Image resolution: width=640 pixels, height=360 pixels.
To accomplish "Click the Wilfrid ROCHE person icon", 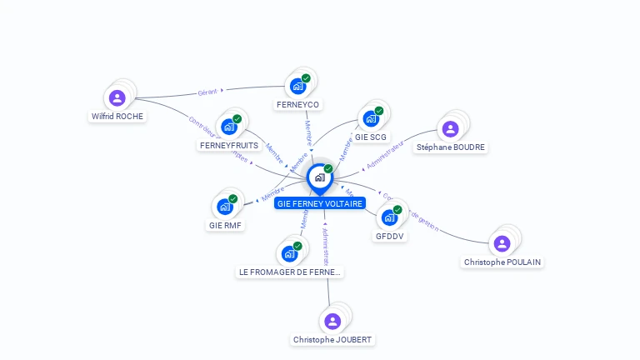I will pyautogui.click(x=117, y=98).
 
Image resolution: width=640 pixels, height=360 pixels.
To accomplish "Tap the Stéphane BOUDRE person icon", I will pyautogui.click(x=450, y=128).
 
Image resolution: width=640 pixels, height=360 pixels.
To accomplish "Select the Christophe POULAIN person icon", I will pyautogui.click(x=502, y=243).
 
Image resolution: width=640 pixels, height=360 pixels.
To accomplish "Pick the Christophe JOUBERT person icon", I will pyautogui.click(x=332, y=321).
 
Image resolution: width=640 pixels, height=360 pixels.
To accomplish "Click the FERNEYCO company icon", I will pyautogui.click(x=297, y=86).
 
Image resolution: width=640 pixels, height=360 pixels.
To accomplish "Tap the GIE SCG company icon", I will pyautogui.click(x=371, y=118).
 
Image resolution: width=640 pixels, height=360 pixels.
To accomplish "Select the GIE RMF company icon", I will pyautogui.click(x=224, y=207).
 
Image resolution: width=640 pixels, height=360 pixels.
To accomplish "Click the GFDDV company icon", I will pyautogui.click(x=388, y=217).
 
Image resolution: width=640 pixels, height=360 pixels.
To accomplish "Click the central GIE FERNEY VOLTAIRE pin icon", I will pyautogui.click(x=319, y=177).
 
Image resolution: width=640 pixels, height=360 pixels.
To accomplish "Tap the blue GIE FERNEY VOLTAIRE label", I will pyautogui.click(x=320, y=202).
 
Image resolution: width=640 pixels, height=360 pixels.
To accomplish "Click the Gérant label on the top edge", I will pyautogui.click(x=207, y=92).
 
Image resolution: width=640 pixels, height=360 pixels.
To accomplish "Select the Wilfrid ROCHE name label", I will pyautogui.click(x=117, y=117).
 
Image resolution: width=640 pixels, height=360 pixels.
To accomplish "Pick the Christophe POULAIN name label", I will pyautogui.click(x=502, y=262).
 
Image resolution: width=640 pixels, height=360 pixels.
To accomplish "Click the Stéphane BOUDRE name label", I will pyautogui.click(x=450, y=147).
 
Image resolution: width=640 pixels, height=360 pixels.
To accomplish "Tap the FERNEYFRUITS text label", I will pyautogui.click(x=229, y=145).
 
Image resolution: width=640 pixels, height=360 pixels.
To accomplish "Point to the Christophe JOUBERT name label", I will pyautogui.click(x=332, y=339).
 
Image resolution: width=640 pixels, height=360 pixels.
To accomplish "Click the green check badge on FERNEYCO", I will pyautogui.click(x=306, y=78).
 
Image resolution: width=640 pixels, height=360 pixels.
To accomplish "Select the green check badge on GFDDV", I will pyautogui.click(x=397, y=210).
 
